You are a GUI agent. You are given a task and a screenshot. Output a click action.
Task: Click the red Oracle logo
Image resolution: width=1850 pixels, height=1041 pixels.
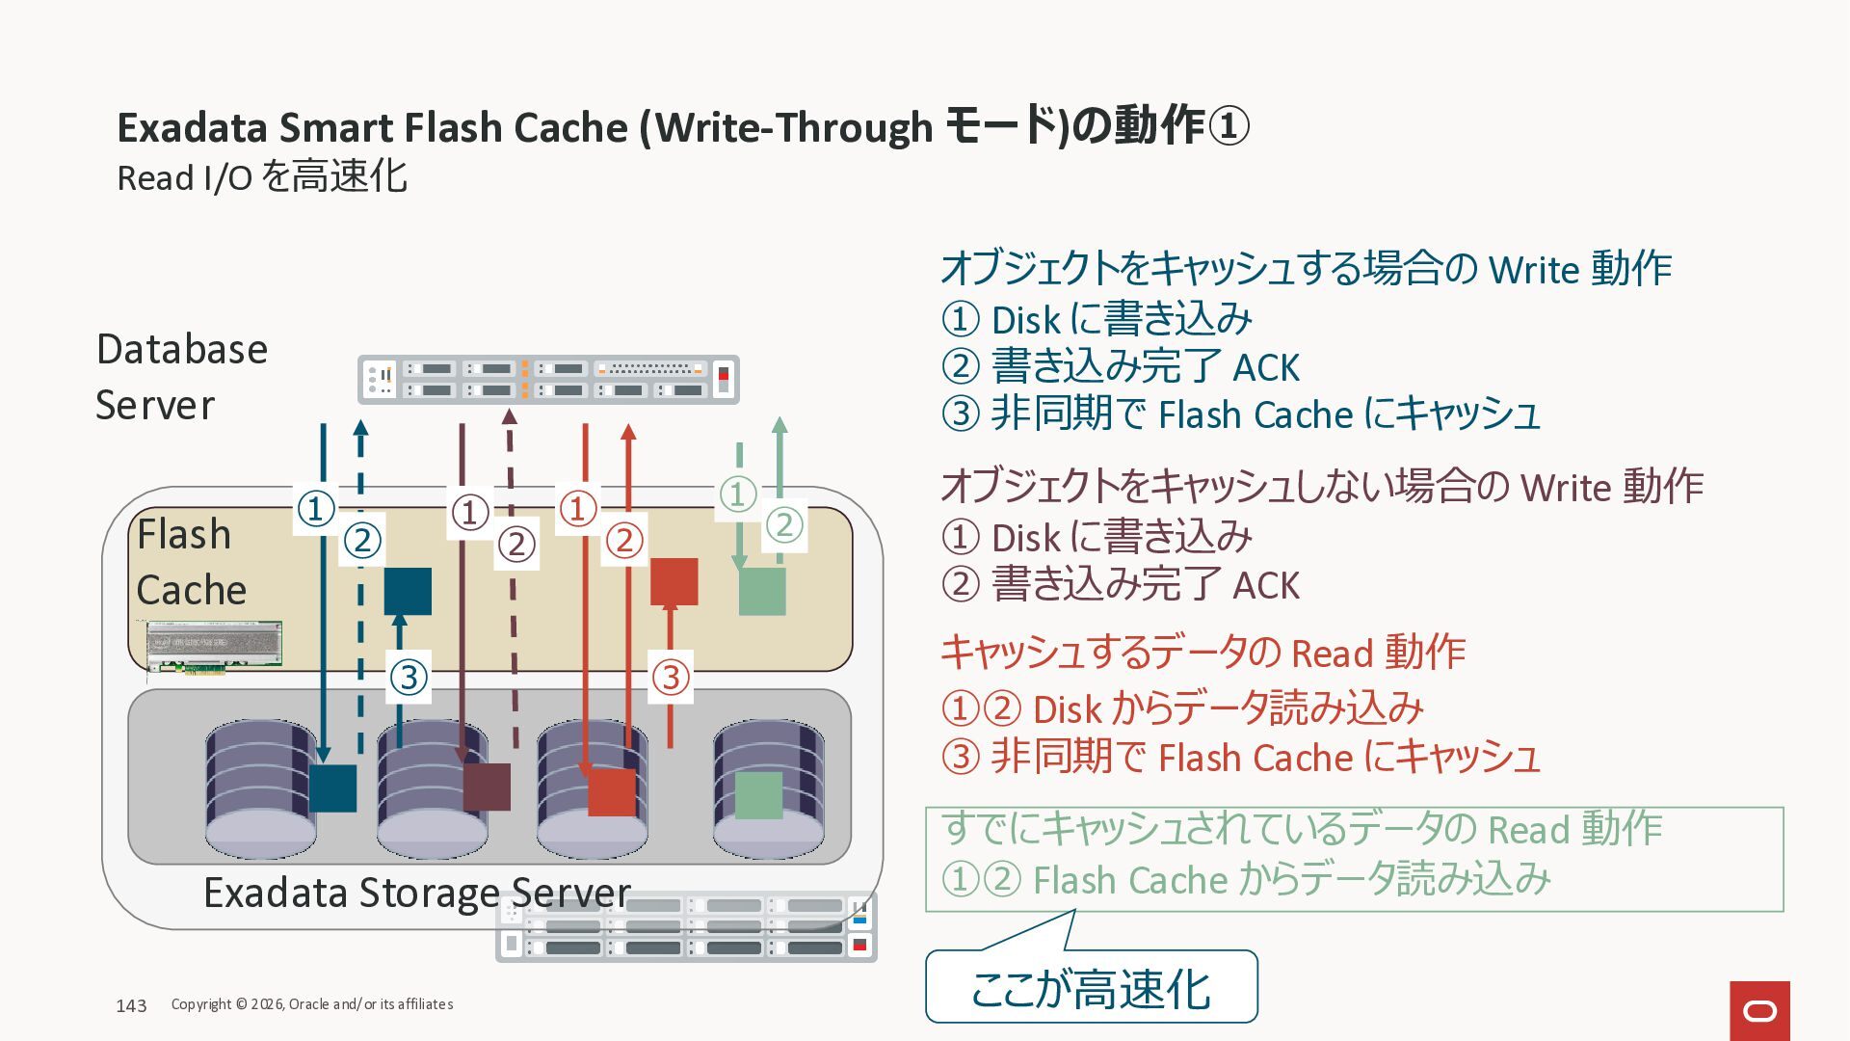(x=1759, y=1010)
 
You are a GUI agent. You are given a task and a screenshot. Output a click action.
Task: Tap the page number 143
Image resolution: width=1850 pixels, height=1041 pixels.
(x=131, y=1005)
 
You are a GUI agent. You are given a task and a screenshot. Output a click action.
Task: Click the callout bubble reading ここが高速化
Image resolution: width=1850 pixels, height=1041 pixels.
(x=1091, y=988)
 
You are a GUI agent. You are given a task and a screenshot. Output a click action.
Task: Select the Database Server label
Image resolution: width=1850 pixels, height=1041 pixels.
(x=181, y=377)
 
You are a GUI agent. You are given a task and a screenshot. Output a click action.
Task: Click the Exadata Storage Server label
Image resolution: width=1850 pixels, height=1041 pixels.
(x=416, y=893)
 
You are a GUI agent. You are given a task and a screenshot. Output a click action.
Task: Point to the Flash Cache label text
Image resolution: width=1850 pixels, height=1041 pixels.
(x=191, y=561)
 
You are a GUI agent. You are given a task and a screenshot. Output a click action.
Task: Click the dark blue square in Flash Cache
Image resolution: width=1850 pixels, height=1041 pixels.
(x=408, y=591)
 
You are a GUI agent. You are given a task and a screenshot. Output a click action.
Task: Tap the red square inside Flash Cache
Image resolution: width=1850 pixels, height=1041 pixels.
(x=674, y=581)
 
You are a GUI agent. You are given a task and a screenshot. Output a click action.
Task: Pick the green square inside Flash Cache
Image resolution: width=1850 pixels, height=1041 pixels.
(x=761, y=591)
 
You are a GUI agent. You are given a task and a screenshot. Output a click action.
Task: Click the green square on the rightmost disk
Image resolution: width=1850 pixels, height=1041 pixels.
(x=758, y=795)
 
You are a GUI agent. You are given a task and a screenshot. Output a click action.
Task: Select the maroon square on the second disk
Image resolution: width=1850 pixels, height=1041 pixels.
(x=487, y=787)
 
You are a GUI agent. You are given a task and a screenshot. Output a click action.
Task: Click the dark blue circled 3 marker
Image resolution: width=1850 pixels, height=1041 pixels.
(x=409, y=676)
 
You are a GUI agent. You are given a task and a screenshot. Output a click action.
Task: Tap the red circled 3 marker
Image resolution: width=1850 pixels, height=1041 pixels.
(x=671, y=676)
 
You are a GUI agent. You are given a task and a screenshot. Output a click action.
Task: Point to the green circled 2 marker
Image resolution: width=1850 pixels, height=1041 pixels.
(x=783, y=525)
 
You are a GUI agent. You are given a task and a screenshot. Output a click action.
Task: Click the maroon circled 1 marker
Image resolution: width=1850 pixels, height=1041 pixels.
(x=470, y=512)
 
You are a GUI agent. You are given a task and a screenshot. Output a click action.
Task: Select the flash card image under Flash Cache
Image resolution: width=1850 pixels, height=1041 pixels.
(x=214, y=646)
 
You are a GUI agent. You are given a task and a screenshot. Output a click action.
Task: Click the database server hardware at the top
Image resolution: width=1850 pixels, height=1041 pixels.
(x=548, y=380)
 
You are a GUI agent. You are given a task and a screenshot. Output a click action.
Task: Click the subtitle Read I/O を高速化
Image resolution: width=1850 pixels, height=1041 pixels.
(x=262, y=177)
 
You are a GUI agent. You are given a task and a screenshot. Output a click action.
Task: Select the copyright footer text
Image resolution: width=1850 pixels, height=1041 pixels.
(x=312, y=1004)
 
